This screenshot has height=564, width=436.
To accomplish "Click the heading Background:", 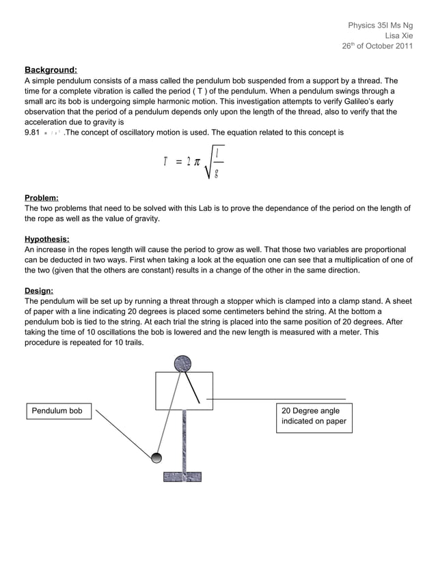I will pyautogui.click(x=51, y=70).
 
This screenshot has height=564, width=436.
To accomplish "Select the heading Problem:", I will pyautogui.click(x=42, y=197).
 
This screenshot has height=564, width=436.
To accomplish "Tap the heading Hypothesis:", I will pyautogui.click(x=47, y=239).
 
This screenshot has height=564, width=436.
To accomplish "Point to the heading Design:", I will pyautogui.click(x=39, y=290).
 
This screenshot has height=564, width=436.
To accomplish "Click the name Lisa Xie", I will pyautogui.click(x=399, y=36).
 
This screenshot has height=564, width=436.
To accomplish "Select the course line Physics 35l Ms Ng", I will pyautogui.click(x=380, y=25).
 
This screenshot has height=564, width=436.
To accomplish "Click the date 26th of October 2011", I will pyautogui.click(x=377, y=46).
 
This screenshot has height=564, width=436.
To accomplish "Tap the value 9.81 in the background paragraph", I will pyautogui.click(x=33, y=132).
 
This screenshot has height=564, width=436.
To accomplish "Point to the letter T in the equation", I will pyautogui.click(x=165, y=162).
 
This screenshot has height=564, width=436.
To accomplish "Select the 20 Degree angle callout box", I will pyautogui.click(x=314, y=417).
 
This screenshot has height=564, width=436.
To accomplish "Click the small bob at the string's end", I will pyautogui.click(x=156, y=457).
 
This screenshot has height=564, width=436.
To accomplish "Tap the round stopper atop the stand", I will pyautogui.click(x=182, y=364).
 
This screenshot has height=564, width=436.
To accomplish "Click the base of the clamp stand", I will pyautogui.click(x=182, y=477).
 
